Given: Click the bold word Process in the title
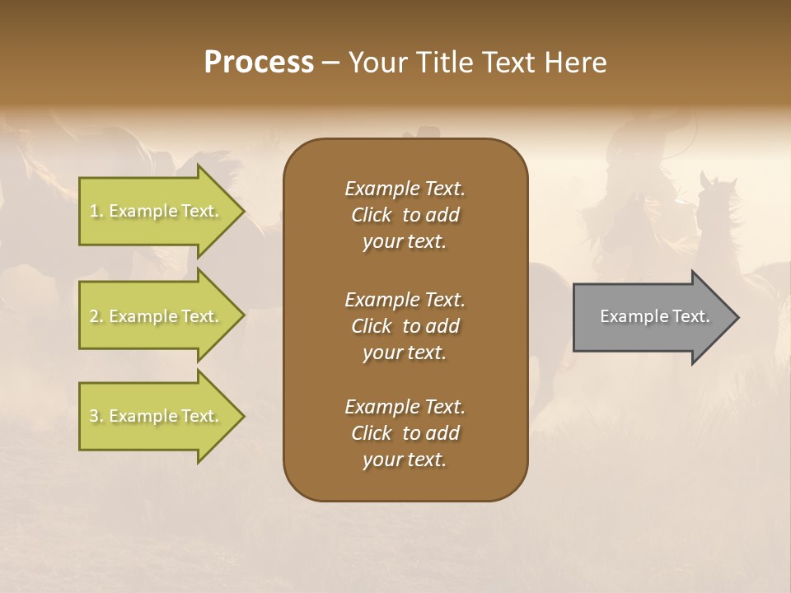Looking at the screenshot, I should pyautogui.click(x=259, y=63).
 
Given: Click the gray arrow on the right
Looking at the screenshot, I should pyautogui.click(x=651, y=316).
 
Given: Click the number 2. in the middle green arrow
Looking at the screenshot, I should pyautogui.click(x=96, y=316).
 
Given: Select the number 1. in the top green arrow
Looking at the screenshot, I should pyautogui.click(x=96, y=211).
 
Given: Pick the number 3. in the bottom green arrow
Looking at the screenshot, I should pyautogui.click(x=96, y=416).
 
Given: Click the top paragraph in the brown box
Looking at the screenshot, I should pyautogui.click(x=405, y=215).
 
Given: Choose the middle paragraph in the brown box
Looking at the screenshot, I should pyautogui.click(x=405, y=325).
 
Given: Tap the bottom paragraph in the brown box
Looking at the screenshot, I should pyautogui.click(x=405, y=433).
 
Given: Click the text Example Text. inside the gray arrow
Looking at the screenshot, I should pyautogui.click(x=654, y=316).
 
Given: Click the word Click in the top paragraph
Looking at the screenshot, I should pyautogui.click(x=372, y=215).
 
